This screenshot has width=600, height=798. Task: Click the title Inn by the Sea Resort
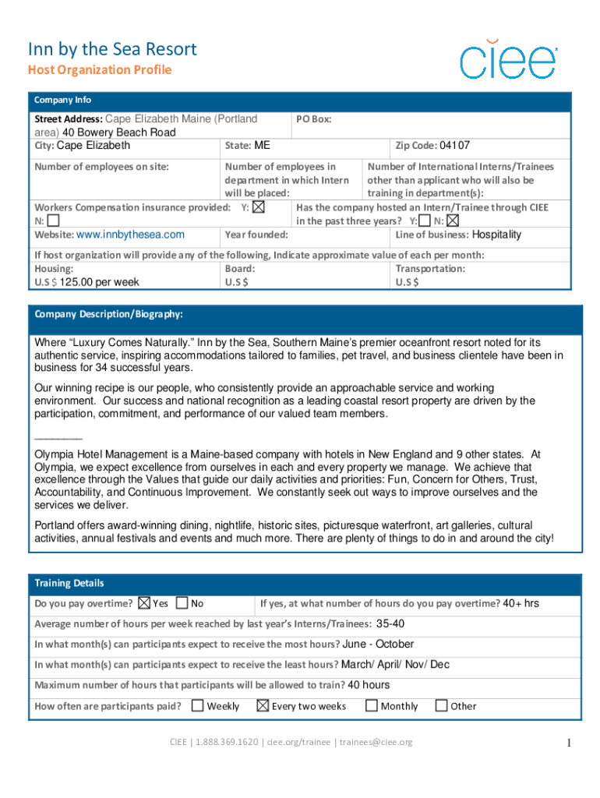[112, 50]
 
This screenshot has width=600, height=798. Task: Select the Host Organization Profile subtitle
[100, 70]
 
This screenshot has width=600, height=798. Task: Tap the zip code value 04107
[454, 146]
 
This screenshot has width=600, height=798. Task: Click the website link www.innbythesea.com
[130, 235]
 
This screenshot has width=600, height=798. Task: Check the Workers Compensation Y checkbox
[259, 207]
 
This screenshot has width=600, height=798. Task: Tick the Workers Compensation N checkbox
[53, 221]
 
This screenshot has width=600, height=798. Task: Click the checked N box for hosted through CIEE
[453, 221]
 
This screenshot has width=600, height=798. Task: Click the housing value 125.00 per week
[100, 282]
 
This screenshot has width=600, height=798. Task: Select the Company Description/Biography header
[109, 314]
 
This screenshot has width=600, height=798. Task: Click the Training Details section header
[69, 583]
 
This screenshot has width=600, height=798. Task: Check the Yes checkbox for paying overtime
[143, 603]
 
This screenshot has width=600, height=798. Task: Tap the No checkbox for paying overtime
[182, 603]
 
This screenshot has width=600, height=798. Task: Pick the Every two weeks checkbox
[263, 706]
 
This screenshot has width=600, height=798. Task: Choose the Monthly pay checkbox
[372, 706]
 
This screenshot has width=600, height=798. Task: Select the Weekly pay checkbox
[198, 706]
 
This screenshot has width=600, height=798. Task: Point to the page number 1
[570, 743]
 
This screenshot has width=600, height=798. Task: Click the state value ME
[262, 146]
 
